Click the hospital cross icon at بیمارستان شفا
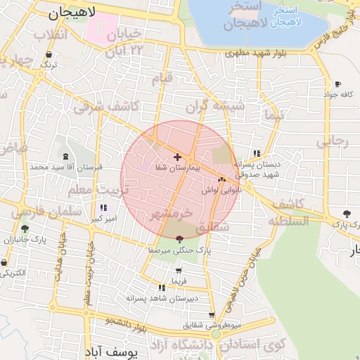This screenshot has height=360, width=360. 176,157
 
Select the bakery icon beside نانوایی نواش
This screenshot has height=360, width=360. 222,180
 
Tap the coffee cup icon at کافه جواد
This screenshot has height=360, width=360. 338,84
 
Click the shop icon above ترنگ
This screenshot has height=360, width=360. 49,54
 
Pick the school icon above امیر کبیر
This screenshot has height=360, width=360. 105,208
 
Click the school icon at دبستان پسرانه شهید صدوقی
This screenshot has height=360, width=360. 256,153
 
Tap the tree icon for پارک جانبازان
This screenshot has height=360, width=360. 25,229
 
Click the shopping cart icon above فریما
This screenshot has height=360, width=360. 179,270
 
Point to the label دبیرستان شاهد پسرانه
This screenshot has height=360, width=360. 162,298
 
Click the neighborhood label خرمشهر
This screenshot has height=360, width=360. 171,212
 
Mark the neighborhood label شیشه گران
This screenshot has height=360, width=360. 214,107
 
